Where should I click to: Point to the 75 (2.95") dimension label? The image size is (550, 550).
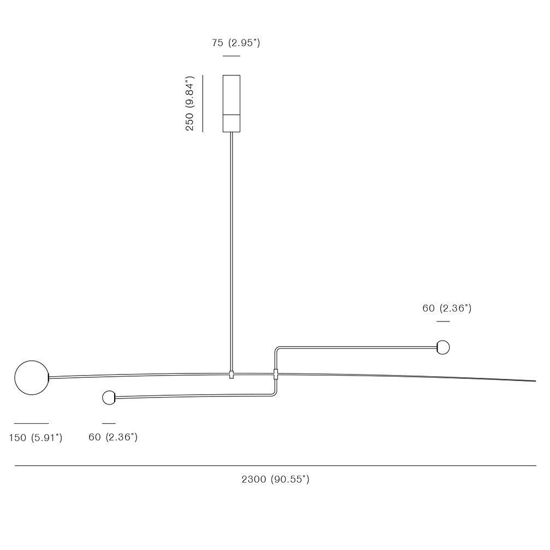pos(236,43)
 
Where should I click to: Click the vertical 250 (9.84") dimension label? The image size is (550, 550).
pos(190,103)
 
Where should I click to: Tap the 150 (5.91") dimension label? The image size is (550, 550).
pos(36,437)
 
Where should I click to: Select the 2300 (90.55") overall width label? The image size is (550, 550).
pos(275,479)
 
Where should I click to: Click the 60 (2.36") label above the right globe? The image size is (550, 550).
pos(447,308)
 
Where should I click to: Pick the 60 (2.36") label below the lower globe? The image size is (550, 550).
pos(113,437)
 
